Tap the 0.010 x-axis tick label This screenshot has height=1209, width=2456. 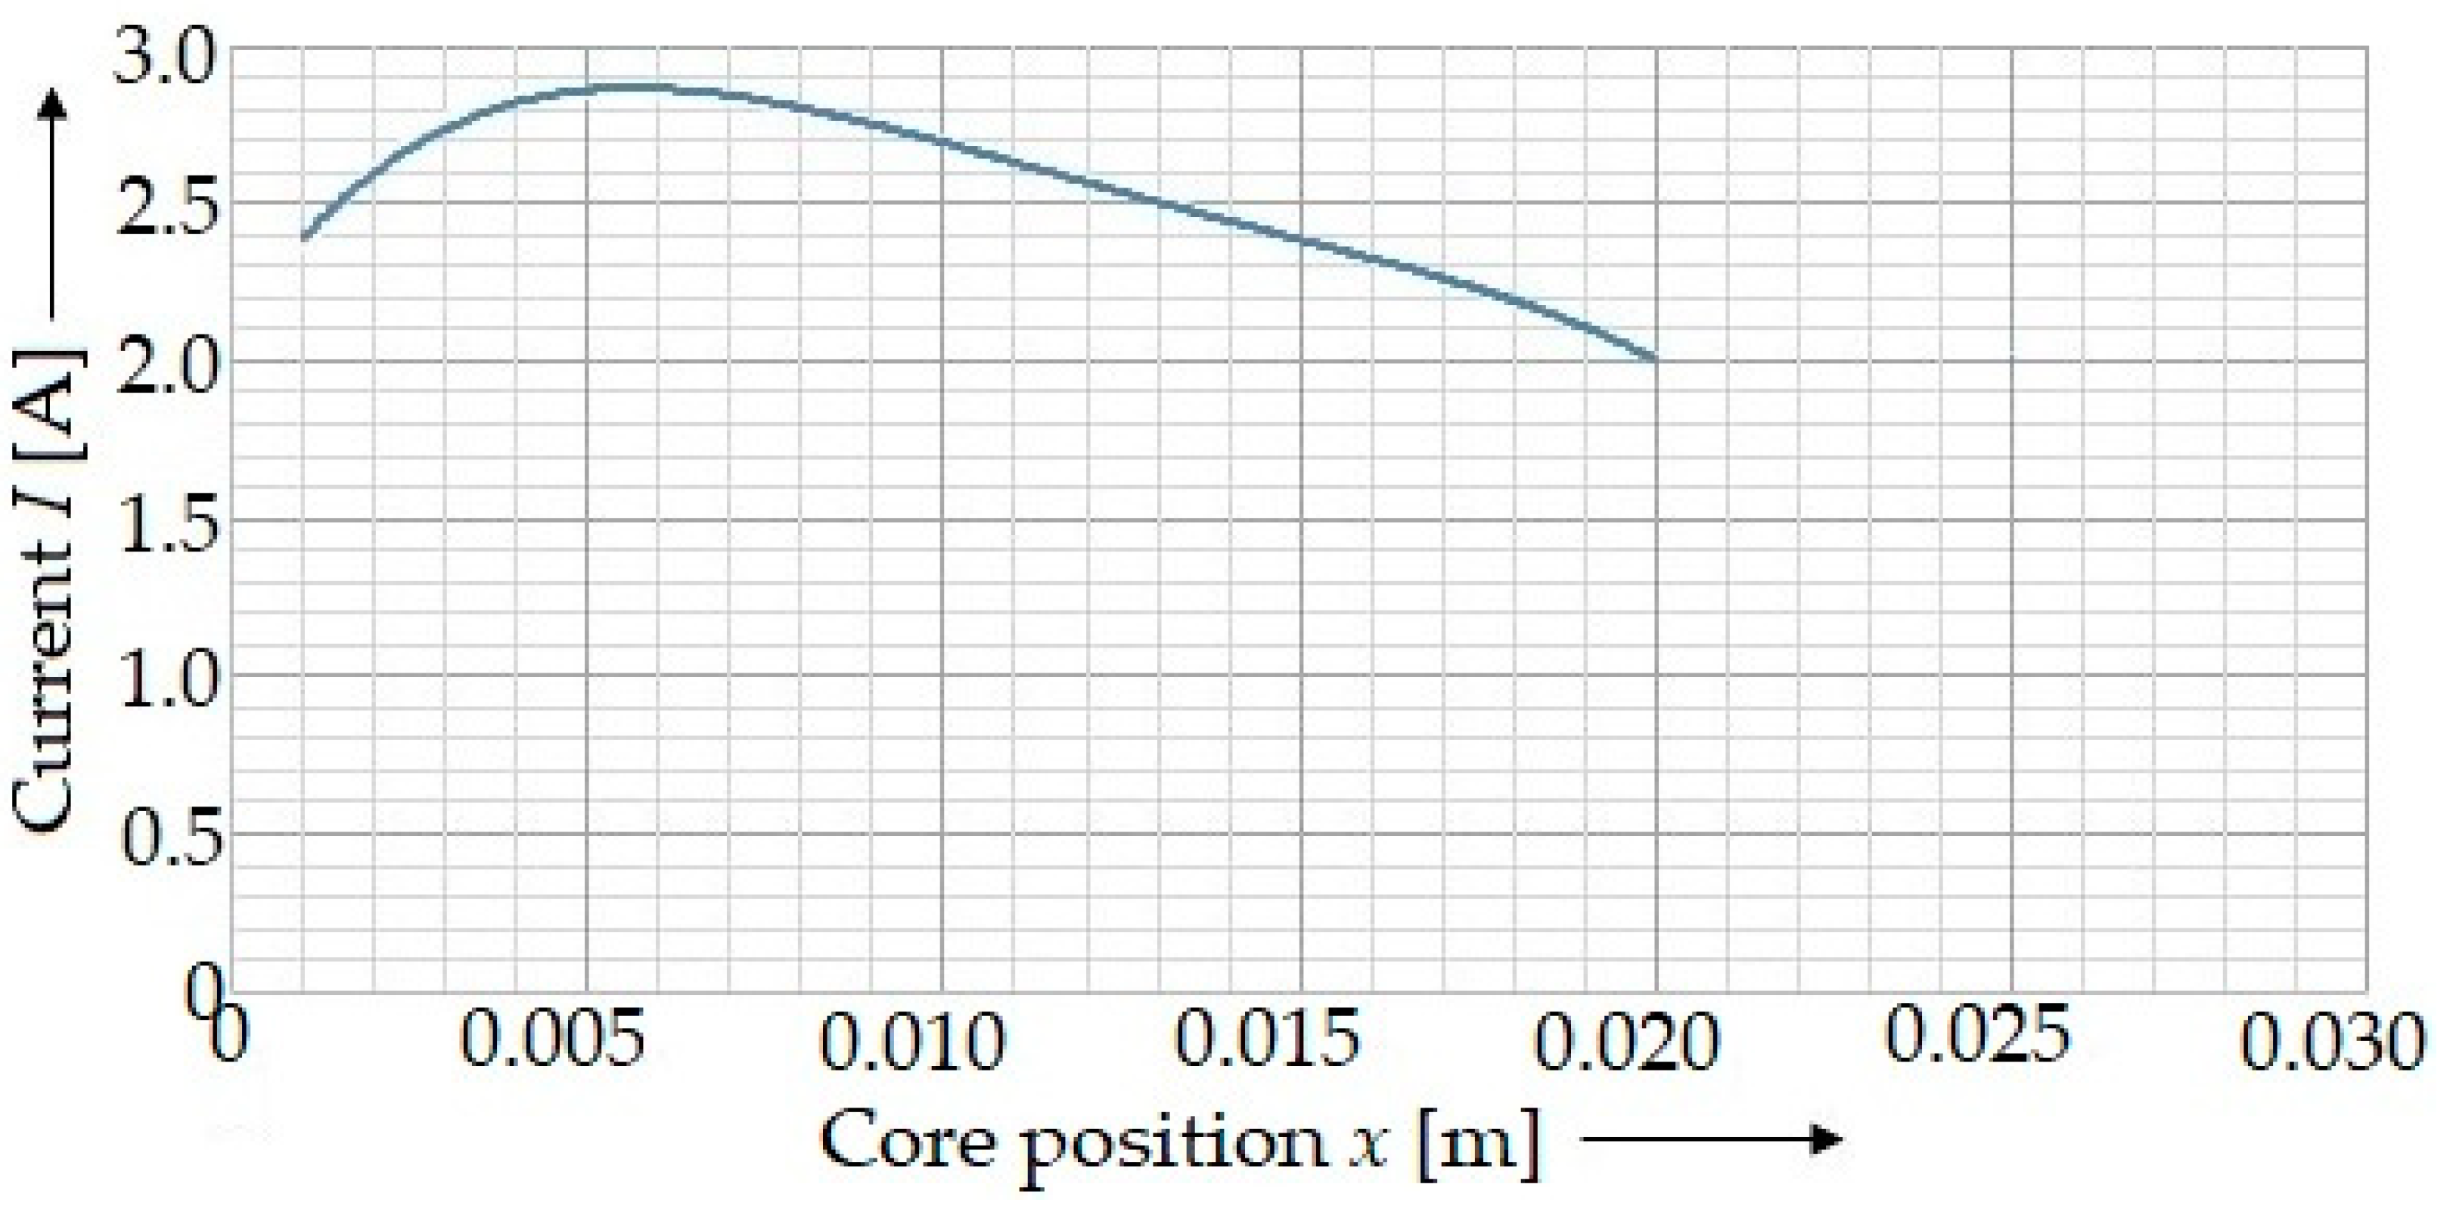point(911,1040)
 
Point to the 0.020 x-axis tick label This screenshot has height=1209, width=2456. point(1625,1040)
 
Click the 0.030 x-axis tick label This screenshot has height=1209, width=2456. point(2332,1040)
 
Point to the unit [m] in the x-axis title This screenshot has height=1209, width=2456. point(1478,1142)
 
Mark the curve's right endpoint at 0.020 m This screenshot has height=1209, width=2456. point(1655,359)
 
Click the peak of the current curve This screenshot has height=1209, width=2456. point(625,88)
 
